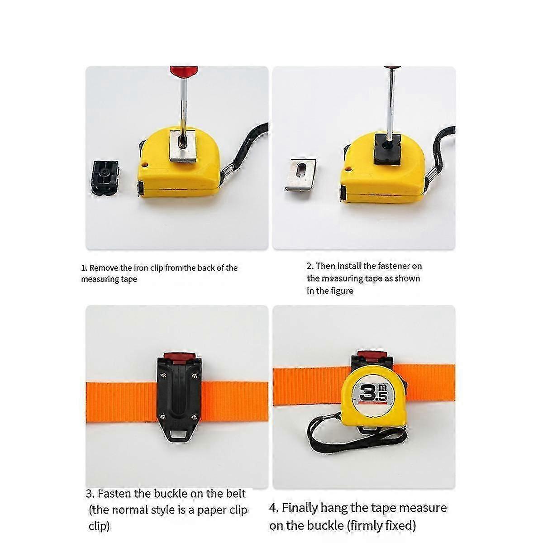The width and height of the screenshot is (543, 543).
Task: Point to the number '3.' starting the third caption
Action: [90, 493]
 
